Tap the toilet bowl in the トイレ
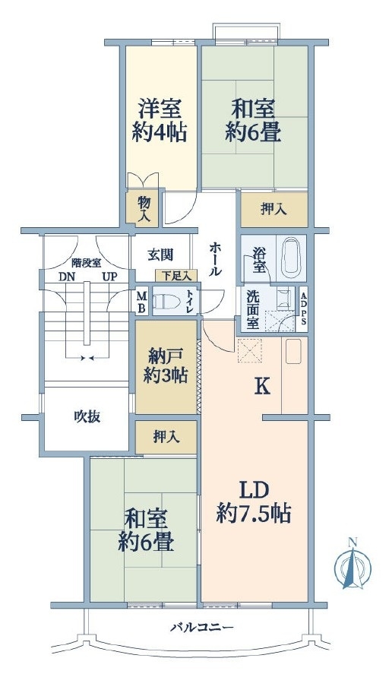click(166, 302)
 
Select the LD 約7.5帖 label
click(254, 502)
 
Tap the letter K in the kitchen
click(263, 388)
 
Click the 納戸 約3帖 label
click(166, 365)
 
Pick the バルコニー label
click(201, 627)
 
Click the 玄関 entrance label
click(160, 255)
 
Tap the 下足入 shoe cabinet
click(176, 275)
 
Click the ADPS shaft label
click(303, 309)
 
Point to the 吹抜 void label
click(87, 416)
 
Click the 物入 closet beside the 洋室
click(144, 207)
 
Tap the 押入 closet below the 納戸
click(166, 437)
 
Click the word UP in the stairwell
click(109, 277)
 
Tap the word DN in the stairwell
click(67, 277)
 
